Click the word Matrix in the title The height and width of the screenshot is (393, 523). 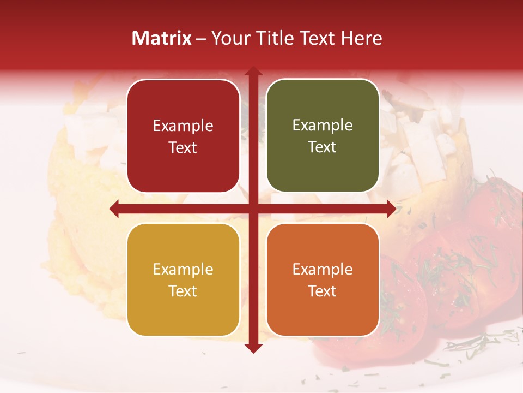(162, 38)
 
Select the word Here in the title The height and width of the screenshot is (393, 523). (361, 38)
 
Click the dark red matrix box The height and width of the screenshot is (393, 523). (183, 136)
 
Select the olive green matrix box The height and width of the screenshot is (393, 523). (323, 136)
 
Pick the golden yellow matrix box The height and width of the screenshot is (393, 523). (183, 279)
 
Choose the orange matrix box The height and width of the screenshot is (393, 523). (323, 279)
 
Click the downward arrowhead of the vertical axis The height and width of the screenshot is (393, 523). (253, 348)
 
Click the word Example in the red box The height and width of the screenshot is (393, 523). (183, 126)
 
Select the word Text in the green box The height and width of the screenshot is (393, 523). (323, 147)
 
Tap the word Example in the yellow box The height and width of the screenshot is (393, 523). (183, 270)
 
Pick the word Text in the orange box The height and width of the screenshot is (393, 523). (323, 291)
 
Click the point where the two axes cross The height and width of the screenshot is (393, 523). (253, 209)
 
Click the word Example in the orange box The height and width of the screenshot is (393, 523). (323, 270)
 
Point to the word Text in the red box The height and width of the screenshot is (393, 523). (183, 147)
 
